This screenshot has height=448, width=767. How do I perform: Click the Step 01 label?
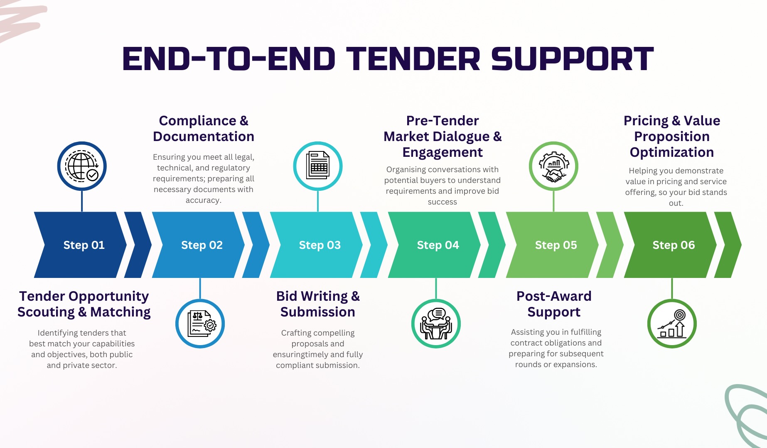(84, 245)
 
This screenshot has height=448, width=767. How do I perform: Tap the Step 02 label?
(202, 245)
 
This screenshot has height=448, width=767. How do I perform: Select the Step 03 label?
(320, 245)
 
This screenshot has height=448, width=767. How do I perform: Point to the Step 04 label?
(438, 245)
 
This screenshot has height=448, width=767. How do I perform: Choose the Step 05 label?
(556, 245)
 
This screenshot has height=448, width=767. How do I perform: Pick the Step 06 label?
(674, 245)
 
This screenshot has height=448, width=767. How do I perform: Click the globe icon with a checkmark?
(82, 166)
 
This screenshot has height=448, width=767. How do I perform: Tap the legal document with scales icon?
(200, 324)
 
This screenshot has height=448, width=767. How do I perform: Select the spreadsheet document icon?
(318, 166)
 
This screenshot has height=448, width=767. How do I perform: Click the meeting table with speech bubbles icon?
(436, 324)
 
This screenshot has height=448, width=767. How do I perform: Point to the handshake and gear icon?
(553, 166)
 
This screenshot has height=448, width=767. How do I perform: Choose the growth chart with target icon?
(672, 324)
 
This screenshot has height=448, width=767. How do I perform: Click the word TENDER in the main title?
(413, 59)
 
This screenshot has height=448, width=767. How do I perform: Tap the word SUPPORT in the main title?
(573, 59)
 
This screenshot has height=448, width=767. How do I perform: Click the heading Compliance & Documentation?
(204, 129)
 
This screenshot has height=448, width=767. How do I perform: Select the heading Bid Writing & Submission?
(318, 304)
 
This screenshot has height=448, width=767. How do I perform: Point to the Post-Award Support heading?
(554, 304)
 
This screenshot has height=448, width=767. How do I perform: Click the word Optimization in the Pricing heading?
(671, 152)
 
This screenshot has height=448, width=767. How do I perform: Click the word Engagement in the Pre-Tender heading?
(442, 152)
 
